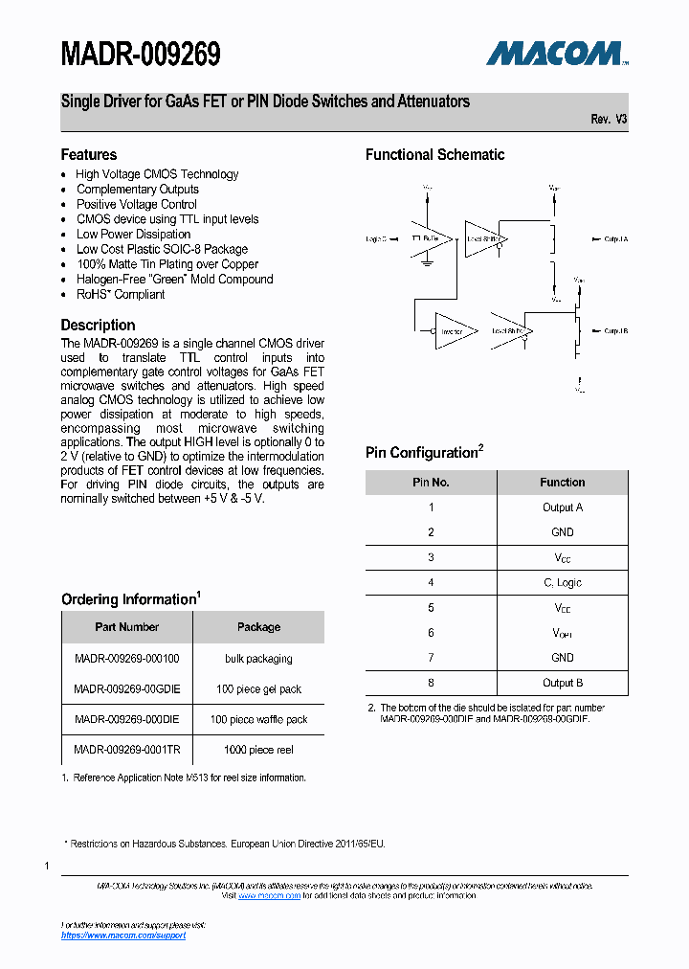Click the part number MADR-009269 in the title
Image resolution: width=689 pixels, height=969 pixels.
click(141, 55)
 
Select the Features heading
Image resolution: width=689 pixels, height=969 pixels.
click(89, 154)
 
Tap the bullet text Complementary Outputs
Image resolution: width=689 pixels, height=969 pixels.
click(138, 190)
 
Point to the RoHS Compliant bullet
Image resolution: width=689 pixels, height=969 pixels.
click(121, 294)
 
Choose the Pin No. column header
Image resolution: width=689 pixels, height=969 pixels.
click(431, 483)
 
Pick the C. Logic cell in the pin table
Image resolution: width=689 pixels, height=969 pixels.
click(562, 582)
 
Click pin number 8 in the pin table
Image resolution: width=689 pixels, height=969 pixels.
click(431, 683)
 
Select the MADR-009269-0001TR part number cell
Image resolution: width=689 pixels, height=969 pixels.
click(127, 750)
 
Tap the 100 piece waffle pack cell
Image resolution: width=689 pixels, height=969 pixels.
click(258, 719)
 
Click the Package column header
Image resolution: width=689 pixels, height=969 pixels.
click(258, 627)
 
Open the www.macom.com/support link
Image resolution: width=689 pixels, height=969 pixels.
click(123, 935)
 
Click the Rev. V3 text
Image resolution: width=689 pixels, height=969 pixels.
click(609, 119)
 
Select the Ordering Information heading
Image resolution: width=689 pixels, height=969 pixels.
click(130, 599)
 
